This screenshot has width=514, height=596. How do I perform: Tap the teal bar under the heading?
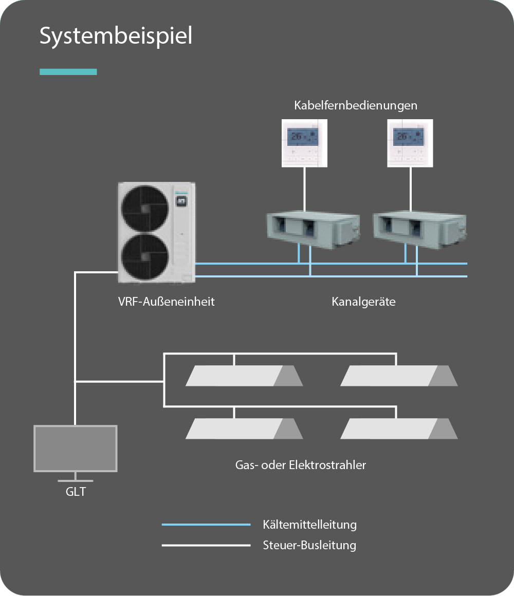pos(68,72)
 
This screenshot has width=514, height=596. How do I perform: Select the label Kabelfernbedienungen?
pos(355,106)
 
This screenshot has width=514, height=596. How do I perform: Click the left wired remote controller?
pos(305,143)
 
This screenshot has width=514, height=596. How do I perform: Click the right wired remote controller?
pos(410,143)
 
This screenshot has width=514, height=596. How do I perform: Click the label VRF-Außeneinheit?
pos(166,302)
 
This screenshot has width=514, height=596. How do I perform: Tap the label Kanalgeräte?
pos(363,302)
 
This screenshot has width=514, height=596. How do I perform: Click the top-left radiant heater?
pos(244,376)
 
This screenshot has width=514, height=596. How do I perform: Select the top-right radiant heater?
pos(399,376)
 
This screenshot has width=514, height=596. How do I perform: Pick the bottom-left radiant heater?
pos(244,429)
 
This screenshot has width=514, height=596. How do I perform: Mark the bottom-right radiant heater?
pos(399,429)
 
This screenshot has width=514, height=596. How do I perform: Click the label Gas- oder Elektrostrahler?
pos(301,465)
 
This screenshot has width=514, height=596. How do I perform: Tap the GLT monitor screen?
pos(75,448)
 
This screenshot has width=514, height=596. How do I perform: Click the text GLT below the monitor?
pos(76,492)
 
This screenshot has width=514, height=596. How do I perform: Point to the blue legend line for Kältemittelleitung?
pos(206,525)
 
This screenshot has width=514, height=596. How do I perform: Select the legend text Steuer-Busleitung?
pos(309,545)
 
